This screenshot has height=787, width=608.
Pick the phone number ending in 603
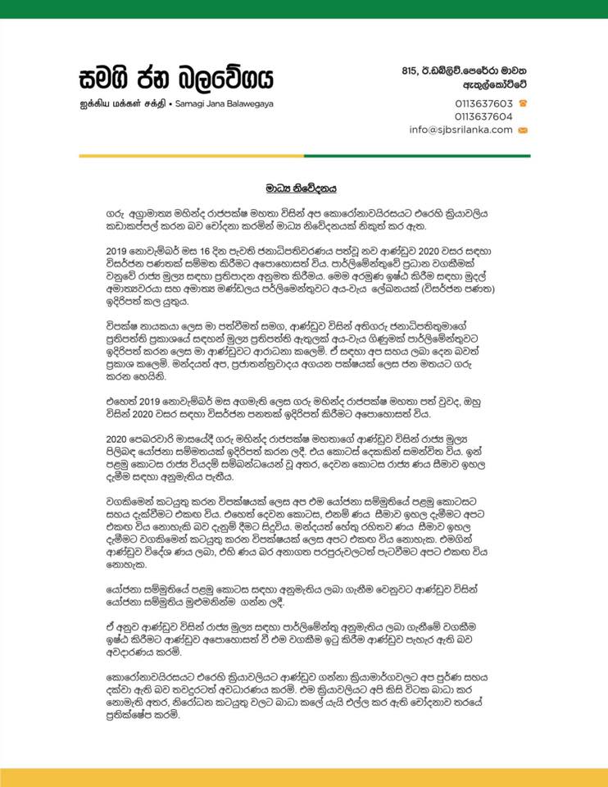click(483, 103)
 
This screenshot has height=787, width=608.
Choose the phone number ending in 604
click(483, 116)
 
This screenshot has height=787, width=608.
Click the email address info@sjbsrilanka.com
click(461, 130)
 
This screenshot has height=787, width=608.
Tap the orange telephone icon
click(522, 103)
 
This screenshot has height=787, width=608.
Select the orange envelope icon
click(522, 130)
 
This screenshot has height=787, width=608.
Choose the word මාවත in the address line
click(511, 71)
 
